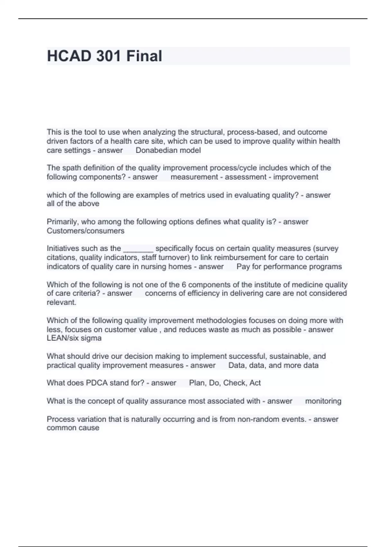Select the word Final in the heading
pyautogui.click(x=144, y=56)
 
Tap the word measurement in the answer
pyautogui.click(x=194, y=177)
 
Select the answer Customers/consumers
pyautogui.click(x=86, y=231)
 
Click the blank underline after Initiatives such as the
pyautogui.click(x=138, y=249)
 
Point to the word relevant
pyautogui.click(x=61, y=302)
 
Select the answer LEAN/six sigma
pyautogui.click(x=74, y=338)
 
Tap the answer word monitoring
pyautogui.click(x=323, y=401)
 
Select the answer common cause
pyautogui.click(x=73, y=428)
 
